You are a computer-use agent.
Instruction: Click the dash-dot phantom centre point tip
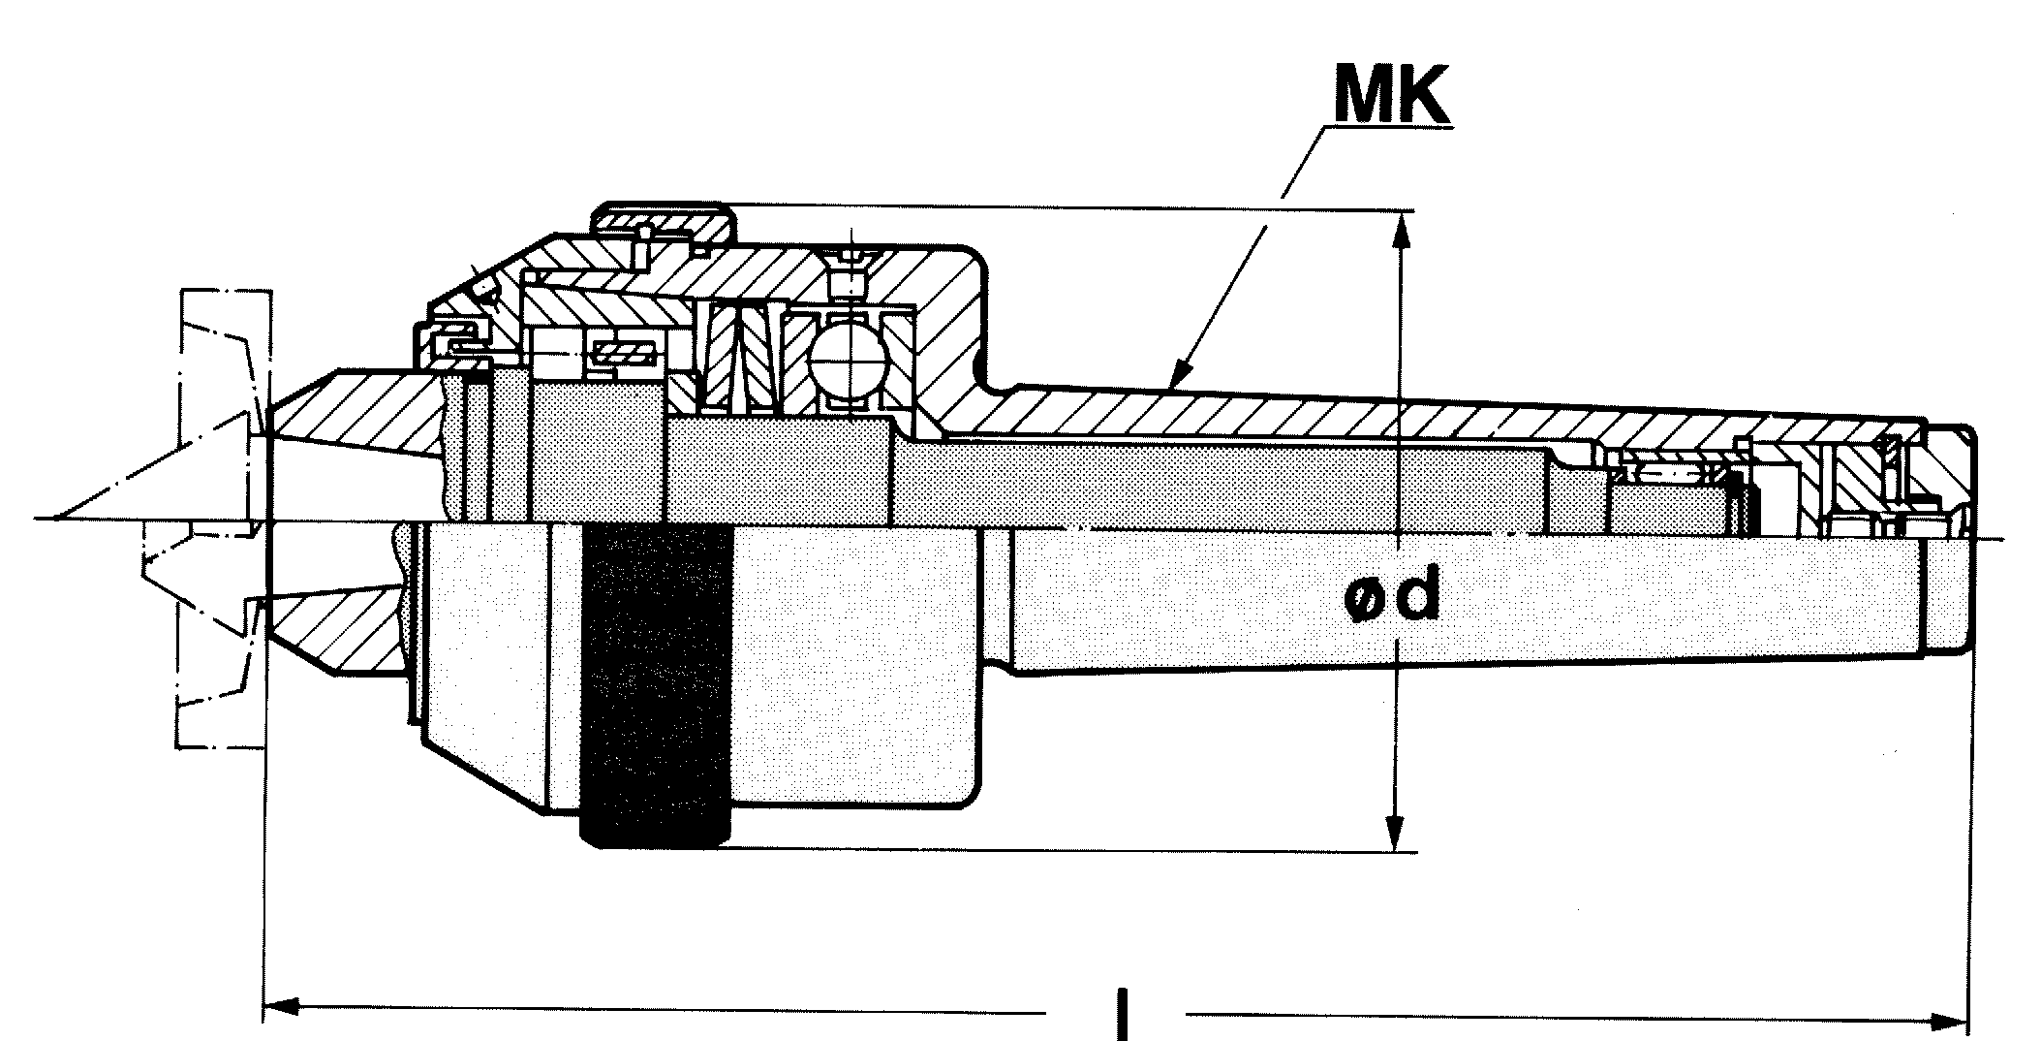[58, 516]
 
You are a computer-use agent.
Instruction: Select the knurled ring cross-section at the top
[665, 222]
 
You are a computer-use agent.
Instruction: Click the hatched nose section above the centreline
[358, 412]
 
